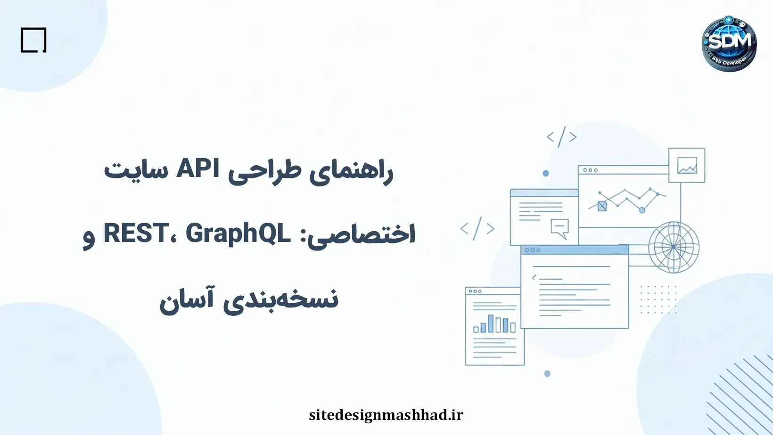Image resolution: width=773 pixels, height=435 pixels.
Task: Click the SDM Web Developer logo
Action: (729, 44)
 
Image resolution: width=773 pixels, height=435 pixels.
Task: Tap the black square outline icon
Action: (33, 40)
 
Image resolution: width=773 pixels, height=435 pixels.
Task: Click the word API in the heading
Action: (197, 169)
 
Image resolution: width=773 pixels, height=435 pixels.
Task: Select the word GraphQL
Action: (238, 233)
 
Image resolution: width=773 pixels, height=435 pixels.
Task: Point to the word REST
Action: (136, 233)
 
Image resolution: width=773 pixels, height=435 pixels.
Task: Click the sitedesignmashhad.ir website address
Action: (386, 415)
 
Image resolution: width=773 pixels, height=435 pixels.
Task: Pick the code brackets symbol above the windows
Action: (561, 137)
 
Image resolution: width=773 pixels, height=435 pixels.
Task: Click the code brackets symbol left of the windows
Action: (477, 229)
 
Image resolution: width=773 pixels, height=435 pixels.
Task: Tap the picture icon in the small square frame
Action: (687, 165)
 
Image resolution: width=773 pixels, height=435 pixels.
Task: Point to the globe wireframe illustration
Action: (674, 247)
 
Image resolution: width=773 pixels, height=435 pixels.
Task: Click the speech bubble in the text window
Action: (560, 228)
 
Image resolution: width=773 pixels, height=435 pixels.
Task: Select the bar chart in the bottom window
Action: (494, 324)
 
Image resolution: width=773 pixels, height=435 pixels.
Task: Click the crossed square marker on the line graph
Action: (602, 206)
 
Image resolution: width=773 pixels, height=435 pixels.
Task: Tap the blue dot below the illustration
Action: (547, 374)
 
